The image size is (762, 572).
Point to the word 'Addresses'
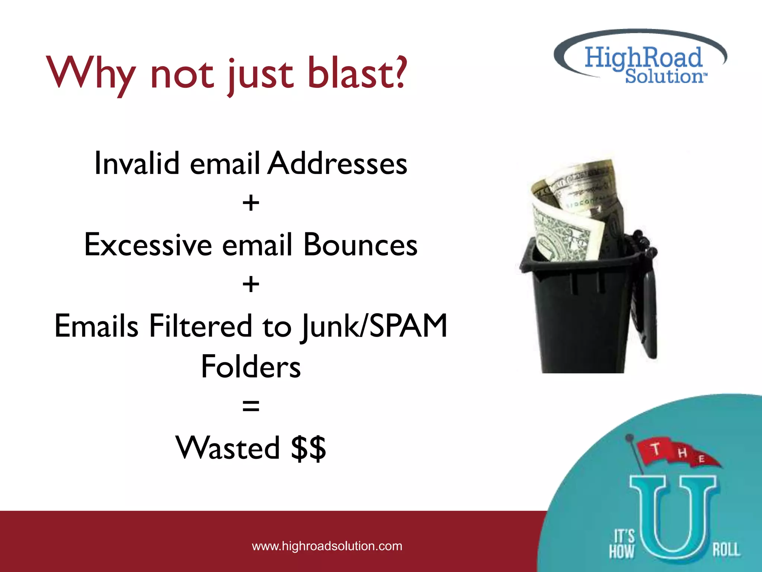tap(337, 163)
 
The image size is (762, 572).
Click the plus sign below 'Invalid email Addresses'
tap(251, 203)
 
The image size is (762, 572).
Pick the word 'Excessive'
tap(148, 245)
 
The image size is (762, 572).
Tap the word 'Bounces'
tap(360, 245)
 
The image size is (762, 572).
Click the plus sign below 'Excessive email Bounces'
tap(251, 285)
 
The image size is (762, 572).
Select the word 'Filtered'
tap(201, 326)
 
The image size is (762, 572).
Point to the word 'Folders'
tap(251, 367)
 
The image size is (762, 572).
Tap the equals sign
tap(251, 406)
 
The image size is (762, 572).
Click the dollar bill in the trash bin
tap(573, 209)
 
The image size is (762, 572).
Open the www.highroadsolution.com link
tap(327, 546)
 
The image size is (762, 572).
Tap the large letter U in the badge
tap(673, 518)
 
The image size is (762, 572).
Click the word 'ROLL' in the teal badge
tap(726, 550)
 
